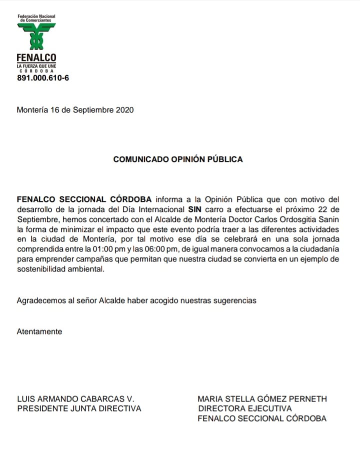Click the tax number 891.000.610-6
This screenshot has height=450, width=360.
coord(43,78)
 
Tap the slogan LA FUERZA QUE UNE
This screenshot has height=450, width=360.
coord(36,65)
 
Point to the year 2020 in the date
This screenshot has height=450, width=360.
coord(124,110)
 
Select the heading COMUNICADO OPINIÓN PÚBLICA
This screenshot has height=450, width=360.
coord(178,159)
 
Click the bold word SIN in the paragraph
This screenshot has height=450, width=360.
coord(195,209)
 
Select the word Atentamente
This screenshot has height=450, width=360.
coord(39,331)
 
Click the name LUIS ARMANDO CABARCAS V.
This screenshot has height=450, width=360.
coord(76,399)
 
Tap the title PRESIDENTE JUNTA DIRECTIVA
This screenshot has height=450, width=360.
coord(79,408)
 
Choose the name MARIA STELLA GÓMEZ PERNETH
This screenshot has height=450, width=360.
coord(262,399)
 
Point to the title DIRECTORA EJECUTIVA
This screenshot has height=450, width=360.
coord(244,408)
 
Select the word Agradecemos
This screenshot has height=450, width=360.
coord(40,300)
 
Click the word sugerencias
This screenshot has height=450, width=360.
coord(236,300)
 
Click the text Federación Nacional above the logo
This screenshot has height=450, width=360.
coord(36,16)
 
